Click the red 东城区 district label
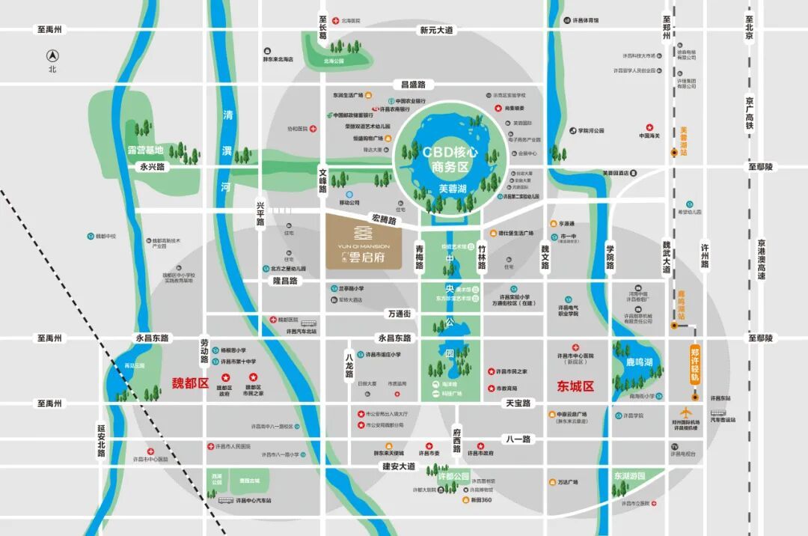(575, 386)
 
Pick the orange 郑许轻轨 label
(695, 364)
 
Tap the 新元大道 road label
(436, 31)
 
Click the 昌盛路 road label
(412, 85)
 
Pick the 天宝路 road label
(517, 403)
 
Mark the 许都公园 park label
(453, 477)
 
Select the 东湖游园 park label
(629, 475)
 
